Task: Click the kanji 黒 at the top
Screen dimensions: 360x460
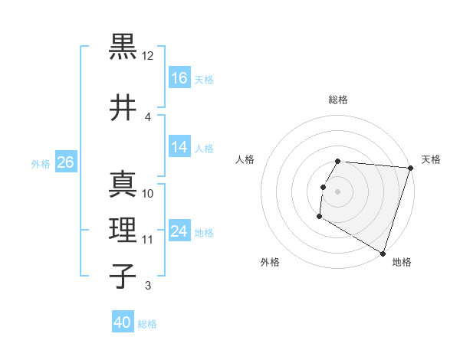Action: pos(123,47)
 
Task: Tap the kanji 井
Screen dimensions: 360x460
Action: pos(123,106)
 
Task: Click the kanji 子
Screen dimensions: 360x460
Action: pos(123,276)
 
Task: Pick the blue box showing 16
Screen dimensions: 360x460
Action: pos(179,78)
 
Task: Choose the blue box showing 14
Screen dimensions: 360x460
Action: pos(179,147)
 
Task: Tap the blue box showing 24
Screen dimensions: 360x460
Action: pos(179,231)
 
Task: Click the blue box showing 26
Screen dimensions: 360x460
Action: pos(65,162)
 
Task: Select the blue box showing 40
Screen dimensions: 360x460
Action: pos(123,322)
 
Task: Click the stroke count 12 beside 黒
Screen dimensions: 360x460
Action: pos(148,56)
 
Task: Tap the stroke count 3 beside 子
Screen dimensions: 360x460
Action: pos(148,286)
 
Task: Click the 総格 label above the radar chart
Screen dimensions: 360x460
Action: pos(338,100)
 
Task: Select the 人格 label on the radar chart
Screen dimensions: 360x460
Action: pos(245,159)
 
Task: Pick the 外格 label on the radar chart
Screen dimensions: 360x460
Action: pos(270,262)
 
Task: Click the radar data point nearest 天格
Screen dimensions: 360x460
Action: pos(410,169)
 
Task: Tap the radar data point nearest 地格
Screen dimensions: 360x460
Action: pos(383,253)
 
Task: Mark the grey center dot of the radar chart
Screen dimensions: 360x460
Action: pos(338,191)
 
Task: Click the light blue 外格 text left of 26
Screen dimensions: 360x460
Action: pos(41,163)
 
